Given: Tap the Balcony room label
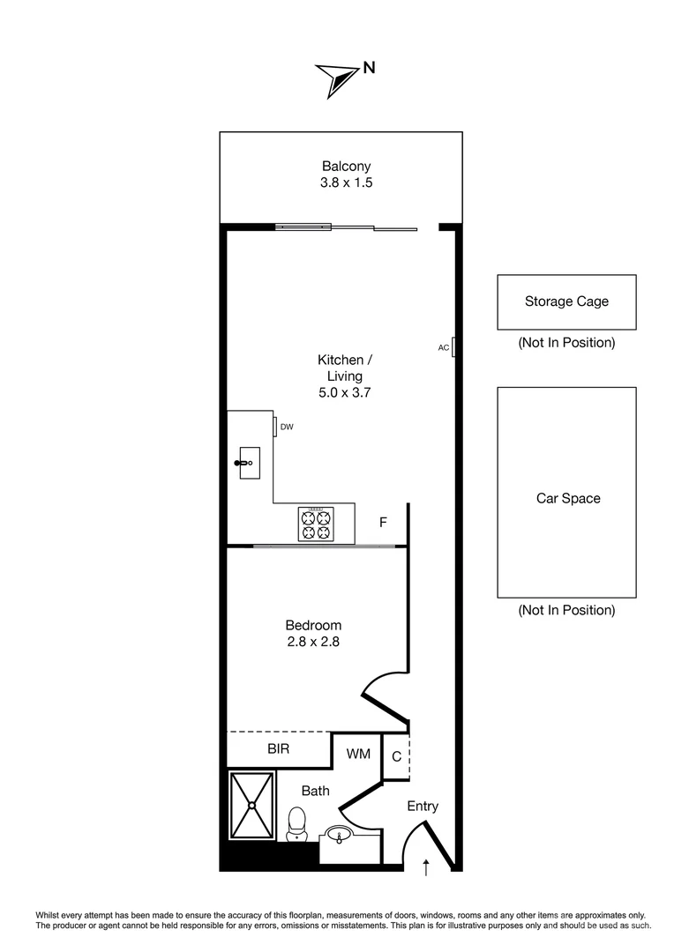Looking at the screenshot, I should [x=346, y=166].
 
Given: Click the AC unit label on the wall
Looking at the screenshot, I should [x=444, y=347].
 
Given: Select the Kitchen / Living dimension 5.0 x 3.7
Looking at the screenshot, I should [x=344, y=393].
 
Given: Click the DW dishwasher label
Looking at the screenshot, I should [x=286, y=427].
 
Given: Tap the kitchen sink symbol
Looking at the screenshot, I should [x=248, y=462].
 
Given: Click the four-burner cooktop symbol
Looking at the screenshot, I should [x=316, y=524].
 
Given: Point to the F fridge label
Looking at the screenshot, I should [x=383, y=523].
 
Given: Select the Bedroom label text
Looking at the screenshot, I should [x=313, y=626].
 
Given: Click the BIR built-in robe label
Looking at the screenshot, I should [x=280, y=749].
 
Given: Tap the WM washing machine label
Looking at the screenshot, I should [x=358, y=754].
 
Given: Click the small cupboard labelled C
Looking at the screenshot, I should [x=396, y=756].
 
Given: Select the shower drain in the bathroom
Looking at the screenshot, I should [x=252, y=804].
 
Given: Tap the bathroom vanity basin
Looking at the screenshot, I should [x=339, y=834].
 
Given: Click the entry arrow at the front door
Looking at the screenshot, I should [x=426, y=867].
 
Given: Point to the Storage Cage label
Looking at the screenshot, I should [x=566, y=301].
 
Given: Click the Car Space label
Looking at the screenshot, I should [x=568, y=498].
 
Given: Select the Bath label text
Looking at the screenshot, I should [x=315, y=791].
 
